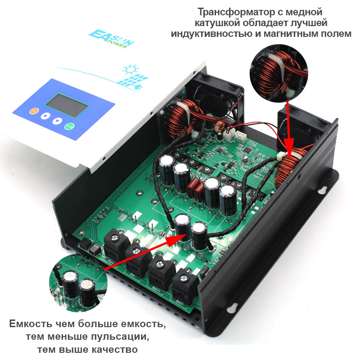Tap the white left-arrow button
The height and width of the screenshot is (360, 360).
tap(45, 116)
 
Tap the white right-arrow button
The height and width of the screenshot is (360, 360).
tap(57, 121)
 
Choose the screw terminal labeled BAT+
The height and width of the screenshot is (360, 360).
tap(161, 269)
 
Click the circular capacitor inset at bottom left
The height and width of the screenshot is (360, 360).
tap(76, 282)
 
